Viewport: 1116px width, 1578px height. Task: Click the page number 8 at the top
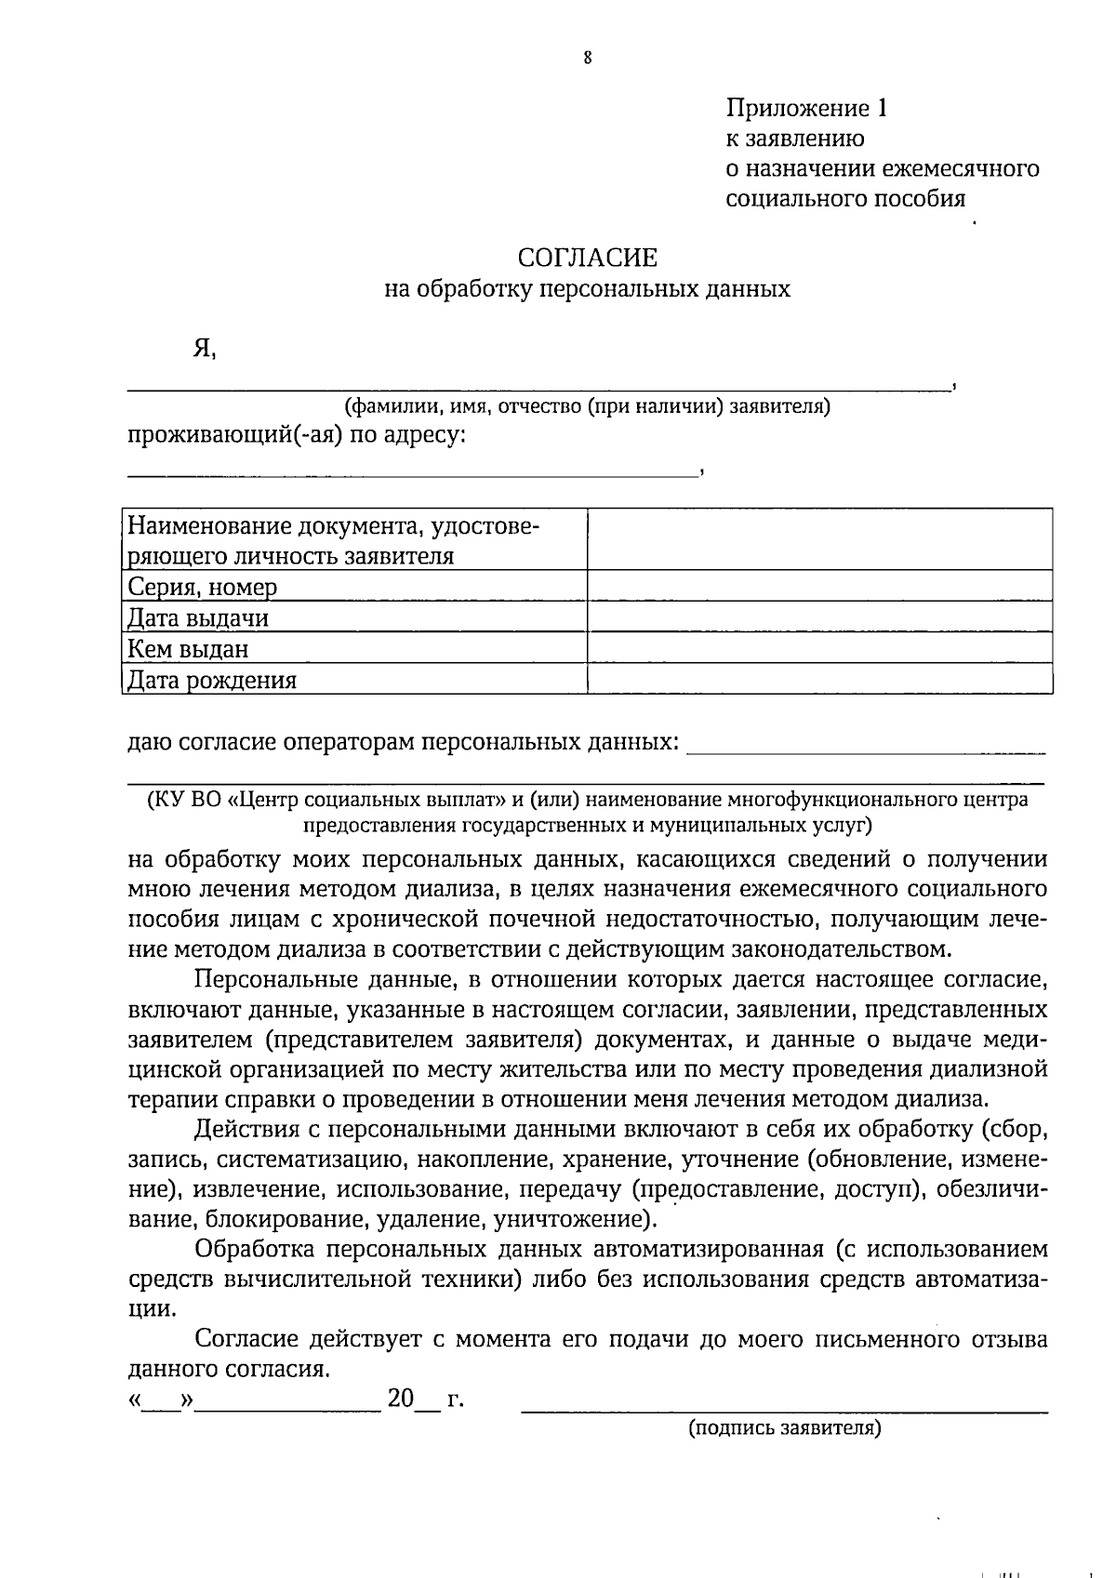tap(588, 58)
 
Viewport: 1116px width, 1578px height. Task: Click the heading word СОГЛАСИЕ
tap(587, 257)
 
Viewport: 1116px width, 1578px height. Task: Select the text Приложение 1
tap(806, 109)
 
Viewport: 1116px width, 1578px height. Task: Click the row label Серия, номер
tap(202, 588)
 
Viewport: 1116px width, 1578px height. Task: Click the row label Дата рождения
tap(211, 680)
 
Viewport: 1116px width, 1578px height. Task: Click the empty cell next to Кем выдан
tap(819, 648)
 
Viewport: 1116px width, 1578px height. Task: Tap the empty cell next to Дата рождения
tap(819, 679)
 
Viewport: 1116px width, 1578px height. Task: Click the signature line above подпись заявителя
tap(784, 1412)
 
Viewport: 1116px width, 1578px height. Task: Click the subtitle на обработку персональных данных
tap(587, 289)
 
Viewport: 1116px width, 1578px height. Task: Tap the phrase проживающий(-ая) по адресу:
tap(296, 435)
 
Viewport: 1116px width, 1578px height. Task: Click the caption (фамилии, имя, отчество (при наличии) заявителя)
tap(587, 406)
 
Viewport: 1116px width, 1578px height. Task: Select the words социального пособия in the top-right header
tap(844, 198)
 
